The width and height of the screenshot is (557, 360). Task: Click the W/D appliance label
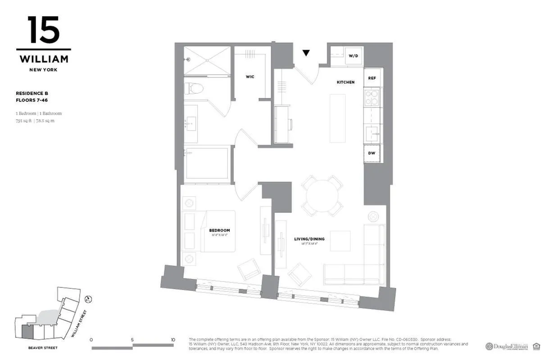(x=353, y=56)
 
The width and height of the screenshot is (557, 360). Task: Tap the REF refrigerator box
(x=372, y=78)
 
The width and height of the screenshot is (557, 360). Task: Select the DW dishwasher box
(x=372, y=153)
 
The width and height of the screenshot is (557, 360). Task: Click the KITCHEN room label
(x=346, y=82)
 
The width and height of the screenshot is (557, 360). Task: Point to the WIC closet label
(x=250, y=77)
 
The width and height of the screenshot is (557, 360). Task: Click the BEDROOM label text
(x=219, y=230)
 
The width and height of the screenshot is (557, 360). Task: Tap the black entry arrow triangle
(x=306, y=53)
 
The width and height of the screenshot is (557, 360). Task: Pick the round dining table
(x=322, y=196)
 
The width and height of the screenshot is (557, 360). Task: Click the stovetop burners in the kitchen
(x=371, y=98)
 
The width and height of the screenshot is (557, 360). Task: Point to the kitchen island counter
(x=337, y=118)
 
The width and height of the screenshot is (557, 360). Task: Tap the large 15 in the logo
(x=43, y=30)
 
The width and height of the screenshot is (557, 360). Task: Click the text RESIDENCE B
(x=32, y=94)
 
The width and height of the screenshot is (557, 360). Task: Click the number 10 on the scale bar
(x=173, y=340)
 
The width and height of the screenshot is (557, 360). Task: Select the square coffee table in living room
(x=340, y=241)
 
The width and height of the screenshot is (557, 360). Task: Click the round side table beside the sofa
(x=373, y=216)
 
